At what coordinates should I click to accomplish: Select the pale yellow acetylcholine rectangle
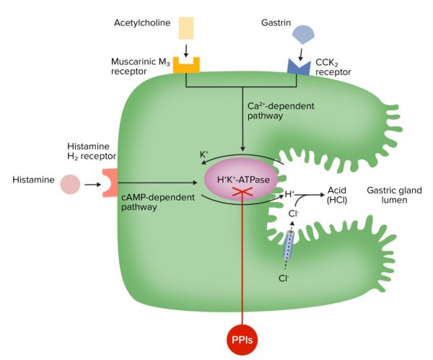pos(186,27)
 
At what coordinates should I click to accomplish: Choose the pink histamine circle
pos(70,184)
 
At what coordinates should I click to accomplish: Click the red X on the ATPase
pos(244,190)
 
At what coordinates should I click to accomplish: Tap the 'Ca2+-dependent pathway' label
pos(283,110)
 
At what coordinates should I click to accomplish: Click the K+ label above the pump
pos(204,154)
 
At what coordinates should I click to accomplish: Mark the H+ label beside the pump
pos(289,194)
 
